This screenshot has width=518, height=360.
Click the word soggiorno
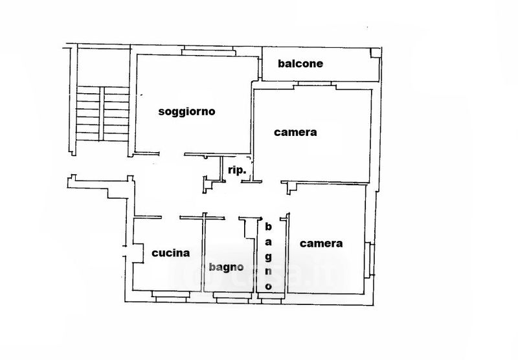pyautogui.click(x=186, y=111)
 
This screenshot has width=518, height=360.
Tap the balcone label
pyautogui.click(x=300, y=64)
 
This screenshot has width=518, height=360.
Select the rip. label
pyautogui.click(x=236, y=170)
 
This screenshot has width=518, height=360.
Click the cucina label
pyautogui.click(x=170, y=253)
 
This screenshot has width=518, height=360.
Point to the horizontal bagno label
pyautogui.click(x=226, y=267)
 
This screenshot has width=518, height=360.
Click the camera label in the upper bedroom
pyautogui.click(x=295, y=133)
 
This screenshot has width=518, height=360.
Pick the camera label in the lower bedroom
pyautogui.click(x=321, y=244)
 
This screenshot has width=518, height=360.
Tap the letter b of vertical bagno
pyautogui.click(x=267, y=227)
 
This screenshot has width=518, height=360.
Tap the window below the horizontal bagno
pyautogui.click(x=231, y=296)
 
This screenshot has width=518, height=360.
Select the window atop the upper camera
pyautogui.click(x=315, y=85)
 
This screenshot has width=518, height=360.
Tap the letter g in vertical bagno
pyautogui.click(x=267, y=256)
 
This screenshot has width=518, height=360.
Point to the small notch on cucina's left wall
pyautogui.click(x=136, y=253)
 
